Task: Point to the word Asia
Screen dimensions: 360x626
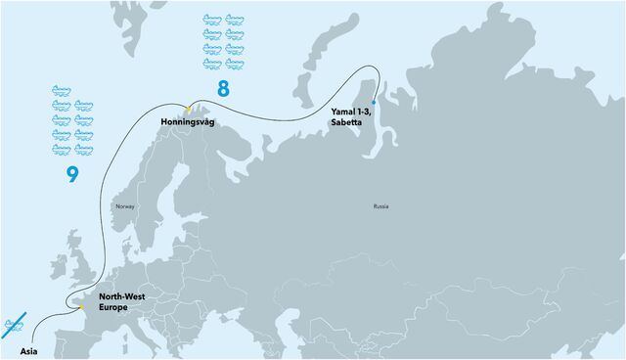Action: tap(29, 348)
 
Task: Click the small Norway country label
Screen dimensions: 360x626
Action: tap(124, 207)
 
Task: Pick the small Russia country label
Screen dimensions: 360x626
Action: tap(380, 207)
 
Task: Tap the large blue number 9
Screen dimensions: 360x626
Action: tap(71, 175)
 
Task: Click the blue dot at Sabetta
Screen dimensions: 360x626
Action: tap(374, 102)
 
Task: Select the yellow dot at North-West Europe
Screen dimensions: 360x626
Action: tap(82, 308)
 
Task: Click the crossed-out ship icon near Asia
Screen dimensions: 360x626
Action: tap(14, 324)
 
